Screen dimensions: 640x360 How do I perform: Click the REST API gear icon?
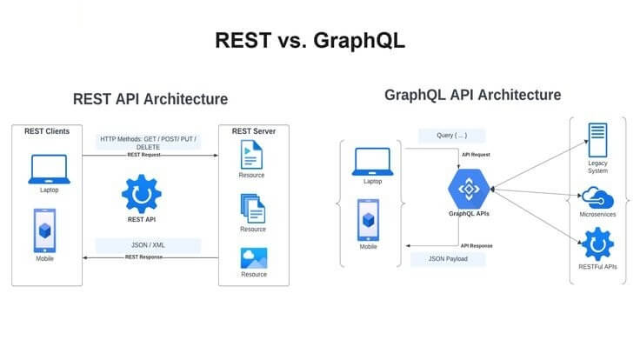click(x=142, y=194)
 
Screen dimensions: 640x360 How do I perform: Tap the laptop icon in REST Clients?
click(x=49, y=169)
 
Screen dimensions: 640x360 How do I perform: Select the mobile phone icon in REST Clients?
click(x=45, y=230)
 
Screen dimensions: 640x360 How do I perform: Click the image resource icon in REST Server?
click(x=254, y=258)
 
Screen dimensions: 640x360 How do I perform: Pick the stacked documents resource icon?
click(x=253, y=208)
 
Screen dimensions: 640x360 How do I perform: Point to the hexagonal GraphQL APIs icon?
click(x=469, y=189)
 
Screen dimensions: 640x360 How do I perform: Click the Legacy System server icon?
click(x=597, y=140)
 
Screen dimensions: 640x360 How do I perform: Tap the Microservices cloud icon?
click(x=597, y=198)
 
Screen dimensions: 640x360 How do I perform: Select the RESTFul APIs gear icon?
click(x=597, y=244)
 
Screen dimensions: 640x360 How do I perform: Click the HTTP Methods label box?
click(x=148, y=142)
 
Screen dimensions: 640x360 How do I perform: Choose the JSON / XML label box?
click(x=148, y=245)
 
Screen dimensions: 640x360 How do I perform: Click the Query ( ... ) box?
click(x=452, y=136)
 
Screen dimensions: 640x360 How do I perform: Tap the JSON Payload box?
click(x=448, y=259)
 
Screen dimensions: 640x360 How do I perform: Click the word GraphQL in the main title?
click(x=359, y=40)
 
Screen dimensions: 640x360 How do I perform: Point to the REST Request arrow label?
click(x=143, y=155)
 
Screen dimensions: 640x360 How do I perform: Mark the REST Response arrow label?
click(x=143, y=257)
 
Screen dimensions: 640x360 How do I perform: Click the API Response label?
click(x=477, y=246)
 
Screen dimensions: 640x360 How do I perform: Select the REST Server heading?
click(x=253, y=131)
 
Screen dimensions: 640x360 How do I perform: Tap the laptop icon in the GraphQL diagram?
click(x=373, y=162)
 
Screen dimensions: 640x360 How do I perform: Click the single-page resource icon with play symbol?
click(x=251, y=154)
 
